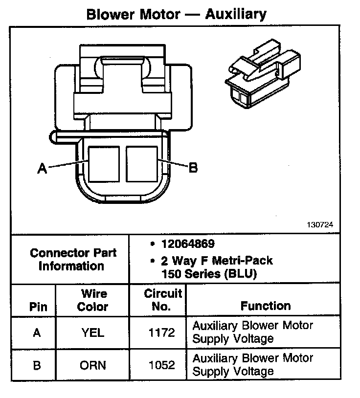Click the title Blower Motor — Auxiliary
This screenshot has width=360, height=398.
tap(176, 14)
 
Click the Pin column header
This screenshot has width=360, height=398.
tap(38, 307)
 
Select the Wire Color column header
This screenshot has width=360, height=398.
tap(93, 300)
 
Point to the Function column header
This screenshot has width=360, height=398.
tap(266, 306)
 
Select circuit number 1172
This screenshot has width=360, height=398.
tap(161, 332)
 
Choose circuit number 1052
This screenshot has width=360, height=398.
tap(161, 365)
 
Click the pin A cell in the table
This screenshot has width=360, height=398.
tap(37, 332)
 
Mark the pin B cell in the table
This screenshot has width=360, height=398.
tap(37, 365)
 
